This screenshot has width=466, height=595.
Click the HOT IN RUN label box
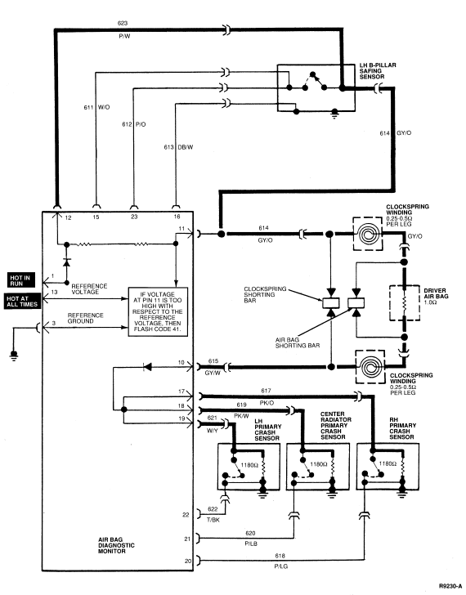point(21,280)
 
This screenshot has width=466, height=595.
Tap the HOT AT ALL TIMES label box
point(22,302)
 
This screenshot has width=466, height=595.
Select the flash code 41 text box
point(158,311)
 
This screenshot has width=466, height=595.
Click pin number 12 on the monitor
point(68,217)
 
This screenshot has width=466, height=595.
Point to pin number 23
point(134,217)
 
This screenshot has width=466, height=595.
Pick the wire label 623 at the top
point(123,23)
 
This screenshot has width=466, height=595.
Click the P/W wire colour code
point(124,37)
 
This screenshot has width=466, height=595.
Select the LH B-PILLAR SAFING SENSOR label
point(378,71)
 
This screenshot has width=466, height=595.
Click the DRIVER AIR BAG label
point(436,297)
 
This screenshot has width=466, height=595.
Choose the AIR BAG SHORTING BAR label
point(298,342)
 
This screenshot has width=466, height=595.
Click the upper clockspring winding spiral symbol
point(367,234)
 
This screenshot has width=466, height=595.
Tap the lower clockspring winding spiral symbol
point(370,367)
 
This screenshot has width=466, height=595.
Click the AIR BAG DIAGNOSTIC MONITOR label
point(116,545)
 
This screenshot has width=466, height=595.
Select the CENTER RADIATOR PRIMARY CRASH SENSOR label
point(336,425)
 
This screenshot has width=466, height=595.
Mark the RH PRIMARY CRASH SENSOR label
point(402,428)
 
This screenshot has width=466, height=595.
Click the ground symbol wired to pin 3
point(14,356)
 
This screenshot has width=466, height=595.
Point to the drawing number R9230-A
point(450,586)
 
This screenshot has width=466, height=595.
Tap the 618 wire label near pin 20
point(280,556)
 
